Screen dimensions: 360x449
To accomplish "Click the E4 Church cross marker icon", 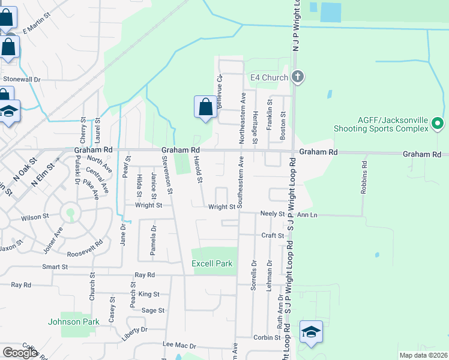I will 298,77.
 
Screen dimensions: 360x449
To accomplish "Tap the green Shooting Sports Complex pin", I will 438,124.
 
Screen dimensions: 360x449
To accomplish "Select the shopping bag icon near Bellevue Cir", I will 205,107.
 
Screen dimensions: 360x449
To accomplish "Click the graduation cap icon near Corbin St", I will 311,332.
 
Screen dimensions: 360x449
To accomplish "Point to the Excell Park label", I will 211,264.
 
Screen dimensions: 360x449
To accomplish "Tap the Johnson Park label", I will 73,322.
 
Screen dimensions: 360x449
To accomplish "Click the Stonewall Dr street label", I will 22,79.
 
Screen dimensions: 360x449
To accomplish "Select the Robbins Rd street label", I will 364,177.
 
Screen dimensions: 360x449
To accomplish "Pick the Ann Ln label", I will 307,214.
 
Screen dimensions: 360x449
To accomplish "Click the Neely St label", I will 273,214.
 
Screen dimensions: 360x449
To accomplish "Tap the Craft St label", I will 273,236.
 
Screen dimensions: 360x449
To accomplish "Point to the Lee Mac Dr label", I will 180,345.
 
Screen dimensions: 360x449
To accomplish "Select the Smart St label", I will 55,266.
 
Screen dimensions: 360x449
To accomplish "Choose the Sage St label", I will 153,310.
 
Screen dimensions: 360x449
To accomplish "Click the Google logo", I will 20,352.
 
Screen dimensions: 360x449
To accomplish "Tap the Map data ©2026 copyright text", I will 423,355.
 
